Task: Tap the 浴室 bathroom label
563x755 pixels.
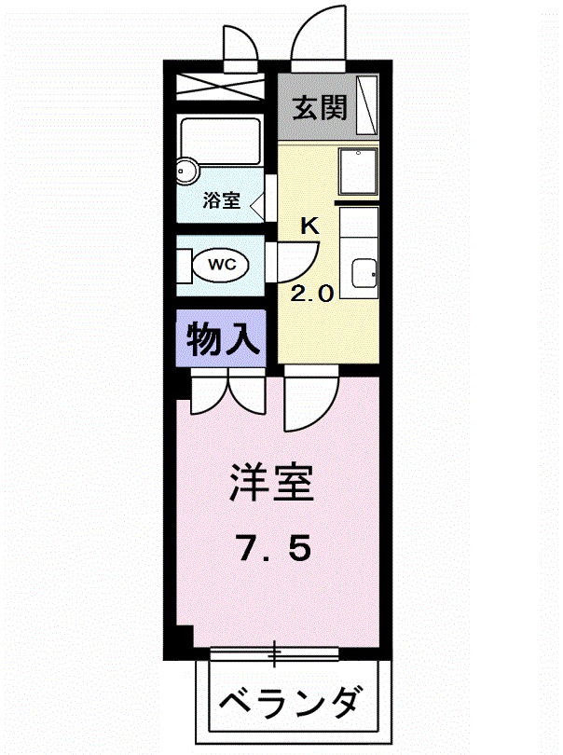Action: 222,200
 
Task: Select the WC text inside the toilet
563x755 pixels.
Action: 221,265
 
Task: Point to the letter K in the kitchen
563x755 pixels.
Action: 310,226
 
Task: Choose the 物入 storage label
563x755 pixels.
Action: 222,339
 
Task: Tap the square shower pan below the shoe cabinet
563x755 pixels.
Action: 358,172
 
